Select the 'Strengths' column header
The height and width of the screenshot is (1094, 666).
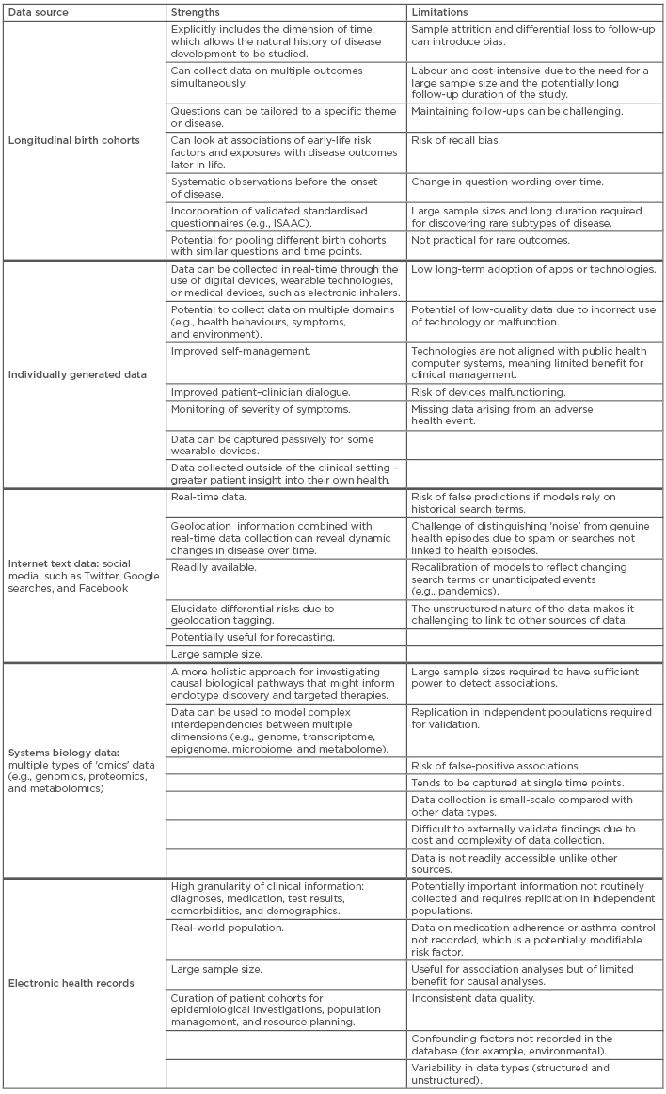click(196, 13)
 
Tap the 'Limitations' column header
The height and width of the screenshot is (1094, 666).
click(439, 13)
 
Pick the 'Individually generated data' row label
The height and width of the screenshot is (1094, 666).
click(77, 373)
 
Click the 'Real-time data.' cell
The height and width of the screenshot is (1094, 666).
click(204, 496)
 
